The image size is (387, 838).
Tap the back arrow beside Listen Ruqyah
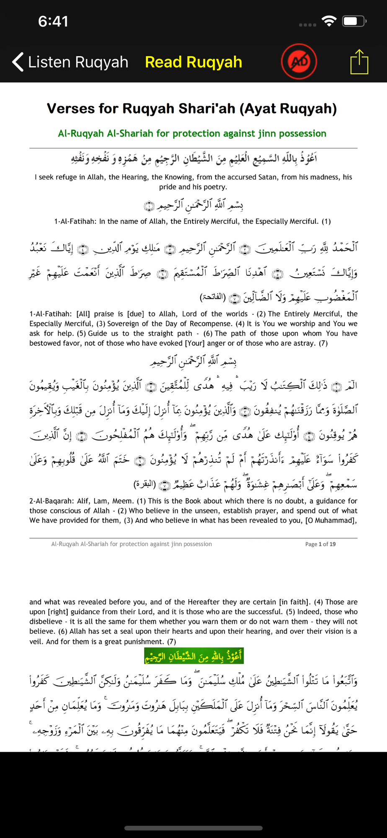coord(18,62)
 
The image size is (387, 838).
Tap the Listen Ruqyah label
coord(78,62)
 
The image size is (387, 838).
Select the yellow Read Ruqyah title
coord(193,62)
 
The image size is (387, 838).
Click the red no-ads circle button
coord(299,62)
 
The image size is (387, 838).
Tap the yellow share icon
coord(359,62)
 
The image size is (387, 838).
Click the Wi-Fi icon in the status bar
coord(329,21)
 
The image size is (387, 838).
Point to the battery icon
coord(354,21)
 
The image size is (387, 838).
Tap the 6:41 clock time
coord(53,21)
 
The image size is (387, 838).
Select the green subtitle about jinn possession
coord(192,133)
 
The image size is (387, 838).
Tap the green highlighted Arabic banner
coord(194,656)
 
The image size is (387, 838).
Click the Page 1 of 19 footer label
coord(320,544)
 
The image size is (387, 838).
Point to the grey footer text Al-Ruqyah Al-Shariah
coord(131,544)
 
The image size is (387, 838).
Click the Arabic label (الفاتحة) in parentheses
coord(213,297)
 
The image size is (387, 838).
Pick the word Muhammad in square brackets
coord(334,521)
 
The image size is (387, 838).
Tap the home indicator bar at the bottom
coord(193,828)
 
